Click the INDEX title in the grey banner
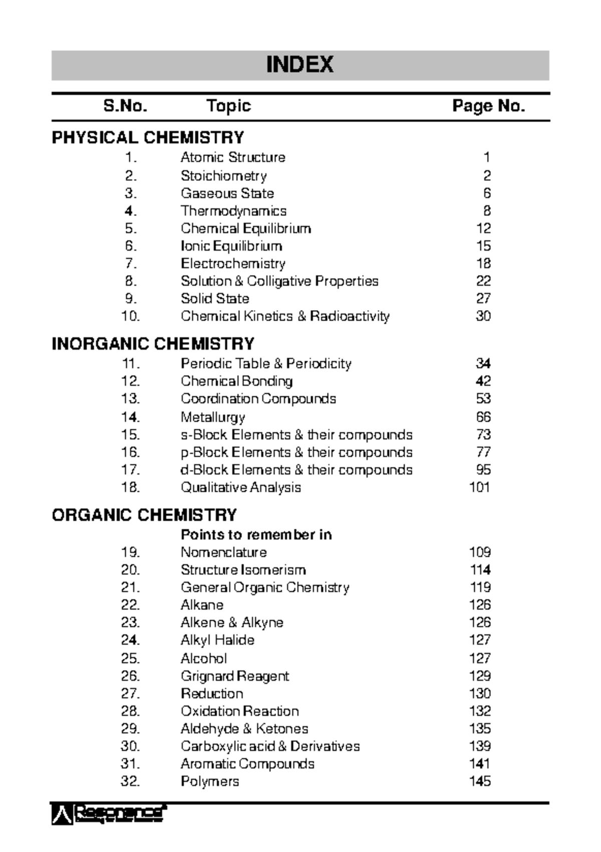(x=299, y=65)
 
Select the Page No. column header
(x=488, y=106)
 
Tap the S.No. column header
(x=125, y=106)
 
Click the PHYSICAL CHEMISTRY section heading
(x=148, y=138)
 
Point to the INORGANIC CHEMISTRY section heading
(x=153, y=344)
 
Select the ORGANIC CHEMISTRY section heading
(x=144, y=515)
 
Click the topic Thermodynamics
(x=233, y=211)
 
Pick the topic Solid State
(x=215, y=299)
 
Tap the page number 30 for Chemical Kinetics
(x=483, y=316)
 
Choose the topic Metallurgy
(x=213, y=417)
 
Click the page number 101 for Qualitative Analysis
(x=480, y=487)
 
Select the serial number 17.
(x=130, y=470)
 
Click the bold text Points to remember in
(x=256, y=535)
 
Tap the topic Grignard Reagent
(x=235, y=676)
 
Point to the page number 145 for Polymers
(x=480, y=781)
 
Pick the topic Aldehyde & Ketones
(x=244, y=729)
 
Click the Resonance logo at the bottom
(x=109, y=814)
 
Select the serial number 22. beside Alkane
(x=130, y=605)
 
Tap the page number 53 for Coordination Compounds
(x=483, y=399)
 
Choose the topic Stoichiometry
(x=223, y=176)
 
